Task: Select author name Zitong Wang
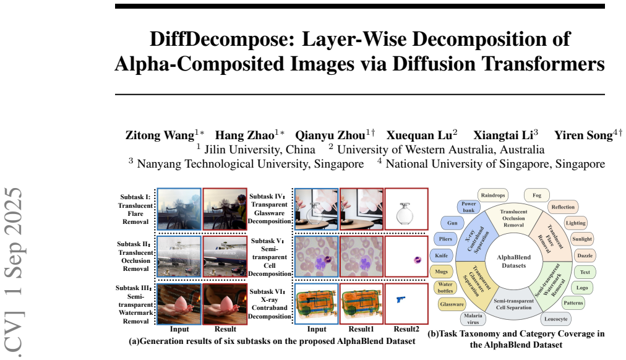click(x=160, y=135)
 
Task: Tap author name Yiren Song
click(x=583, y=135)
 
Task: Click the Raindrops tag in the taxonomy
click(x=492, y=195)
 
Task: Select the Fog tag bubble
click(x=536, y=195)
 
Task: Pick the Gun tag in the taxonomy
click(x=452, y=223)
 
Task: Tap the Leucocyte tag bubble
click(x=555, y=319)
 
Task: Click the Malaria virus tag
click(x=473, y=319)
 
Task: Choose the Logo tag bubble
click(x=582, y=288)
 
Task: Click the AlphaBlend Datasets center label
click(x=514, y=262)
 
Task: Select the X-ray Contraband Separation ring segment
click(x=476, y=238)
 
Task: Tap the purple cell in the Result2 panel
click(x=417, y=260)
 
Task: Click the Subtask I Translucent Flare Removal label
click(x=135, y=210)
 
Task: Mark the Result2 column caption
click(x=406, y=329)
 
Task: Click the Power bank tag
click(x=469, y=207)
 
